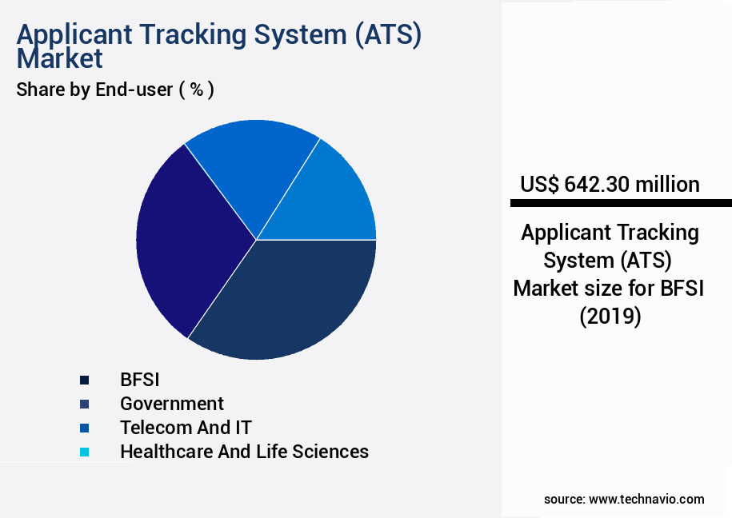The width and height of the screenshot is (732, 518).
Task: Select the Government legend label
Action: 172,404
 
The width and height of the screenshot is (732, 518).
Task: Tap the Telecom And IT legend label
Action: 186,428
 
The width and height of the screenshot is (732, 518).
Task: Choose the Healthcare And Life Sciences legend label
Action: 244,452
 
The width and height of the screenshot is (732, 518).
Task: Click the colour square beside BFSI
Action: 84,380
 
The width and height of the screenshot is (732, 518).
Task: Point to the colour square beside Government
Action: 84,404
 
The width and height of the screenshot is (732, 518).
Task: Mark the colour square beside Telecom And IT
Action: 84,428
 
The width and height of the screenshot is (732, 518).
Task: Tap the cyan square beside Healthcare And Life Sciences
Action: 84,452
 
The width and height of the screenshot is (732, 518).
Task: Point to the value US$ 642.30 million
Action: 610,185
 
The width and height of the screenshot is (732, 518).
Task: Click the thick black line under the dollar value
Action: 621,203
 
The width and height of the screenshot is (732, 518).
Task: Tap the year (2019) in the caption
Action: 610,317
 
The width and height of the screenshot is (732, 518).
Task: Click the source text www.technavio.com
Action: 646,499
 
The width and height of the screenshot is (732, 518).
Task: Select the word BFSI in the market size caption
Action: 682,289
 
